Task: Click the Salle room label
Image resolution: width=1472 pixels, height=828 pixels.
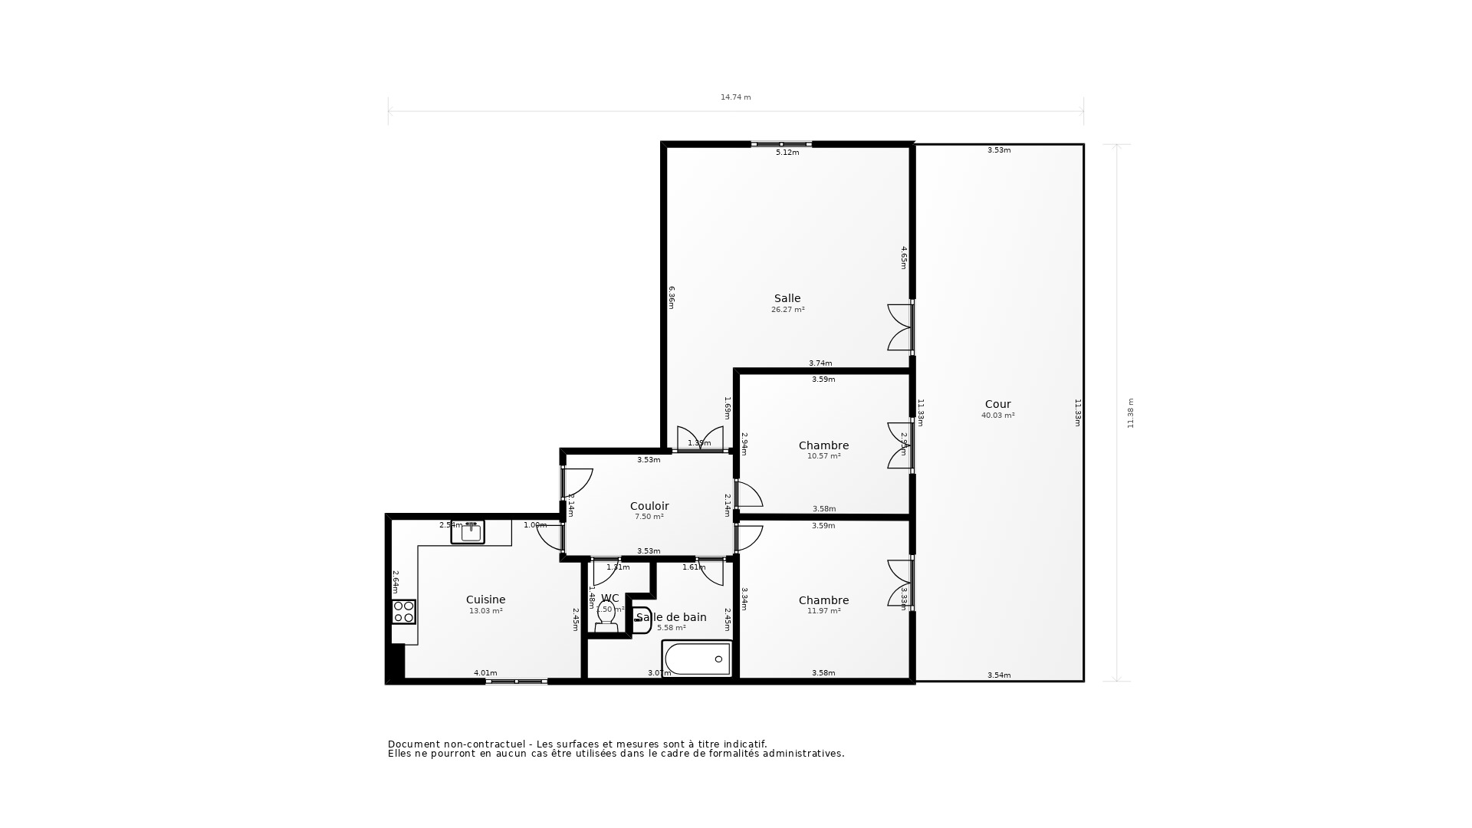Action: tap(787, 298)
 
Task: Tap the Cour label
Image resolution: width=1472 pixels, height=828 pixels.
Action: tap(997, 404)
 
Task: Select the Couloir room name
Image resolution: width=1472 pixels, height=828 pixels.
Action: tap(649, 506)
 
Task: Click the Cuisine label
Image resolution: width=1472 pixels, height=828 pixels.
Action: tap(485, 600)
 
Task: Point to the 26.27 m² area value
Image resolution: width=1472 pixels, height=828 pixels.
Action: tap(787, 310)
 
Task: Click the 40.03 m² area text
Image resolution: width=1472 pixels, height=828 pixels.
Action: tap(997, 416)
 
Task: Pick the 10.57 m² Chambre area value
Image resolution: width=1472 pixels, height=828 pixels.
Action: tap(823, 456)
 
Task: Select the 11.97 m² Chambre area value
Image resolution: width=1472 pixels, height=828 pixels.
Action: tap(823, 611)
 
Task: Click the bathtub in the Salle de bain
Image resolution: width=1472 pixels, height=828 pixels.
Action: tap(698, 659)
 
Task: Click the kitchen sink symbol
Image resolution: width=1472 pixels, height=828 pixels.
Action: tap(468, 532)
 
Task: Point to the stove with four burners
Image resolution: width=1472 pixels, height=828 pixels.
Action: tap(404, 612)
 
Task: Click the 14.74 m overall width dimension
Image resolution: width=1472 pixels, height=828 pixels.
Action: tap(735, 97)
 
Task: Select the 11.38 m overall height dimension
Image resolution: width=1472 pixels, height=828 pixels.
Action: tap(1130, 412)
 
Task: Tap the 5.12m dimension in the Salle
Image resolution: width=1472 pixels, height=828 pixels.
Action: tap(787, 153)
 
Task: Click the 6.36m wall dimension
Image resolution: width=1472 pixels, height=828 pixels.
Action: tap(672, 297)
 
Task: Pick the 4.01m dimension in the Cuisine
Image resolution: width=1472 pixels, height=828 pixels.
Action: tap(485, 673)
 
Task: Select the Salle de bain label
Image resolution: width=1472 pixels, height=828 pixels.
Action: tap(672, 617)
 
